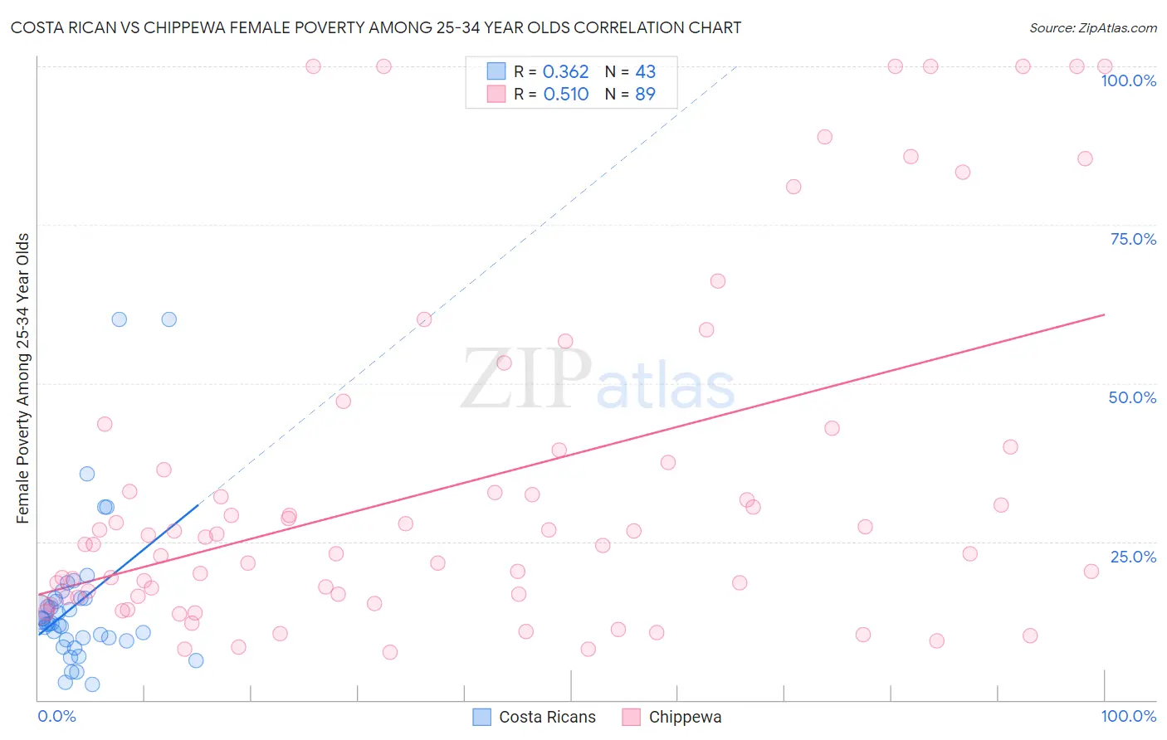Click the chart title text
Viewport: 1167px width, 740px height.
click(376, 27)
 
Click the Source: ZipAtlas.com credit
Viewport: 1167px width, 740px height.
click(1092, 28)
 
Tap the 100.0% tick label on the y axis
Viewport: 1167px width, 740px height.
click(1128, 80)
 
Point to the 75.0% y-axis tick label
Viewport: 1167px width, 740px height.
click(1133, 239)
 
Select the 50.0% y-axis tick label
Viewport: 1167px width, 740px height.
click(1132, 397)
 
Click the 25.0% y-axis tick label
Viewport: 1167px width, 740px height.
click(1133, 557)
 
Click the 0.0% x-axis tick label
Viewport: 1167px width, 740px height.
click(56, 716)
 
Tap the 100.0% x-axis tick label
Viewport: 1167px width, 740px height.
click(1128, 716)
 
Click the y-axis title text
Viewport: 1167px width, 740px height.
click(23, 378)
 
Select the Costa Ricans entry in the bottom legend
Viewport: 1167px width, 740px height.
click(547, 717)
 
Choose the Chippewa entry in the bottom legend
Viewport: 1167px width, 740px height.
click(685, 717)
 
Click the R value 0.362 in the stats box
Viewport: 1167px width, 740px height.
click(565, 72)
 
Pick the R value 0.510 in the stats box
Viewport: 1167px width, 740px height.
click(565, 95)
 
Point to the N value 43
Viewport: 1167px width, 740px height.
click(645, 72)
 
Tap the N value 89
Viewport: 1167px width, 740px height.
click(645, 95)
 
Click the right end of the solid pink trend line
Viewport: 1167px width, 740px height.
click(1103, 315)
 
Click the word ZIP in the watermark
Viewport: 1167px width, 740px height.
click(525, 379)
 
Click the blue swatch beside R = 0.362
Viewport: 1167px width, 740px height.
click(496, 71)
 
